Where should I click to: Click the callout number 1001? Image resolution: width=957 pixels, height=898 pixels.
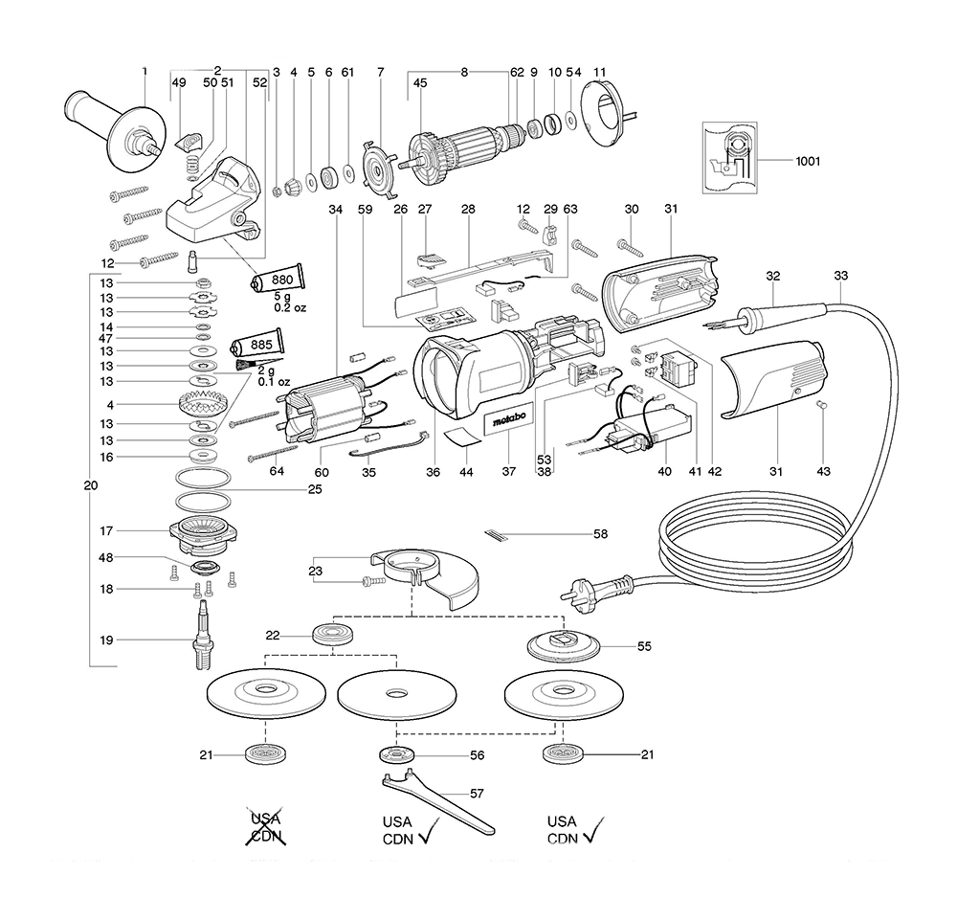coord(808,162)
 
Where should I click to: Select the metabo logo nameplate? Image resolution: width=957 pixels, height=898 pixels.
coord(506,424)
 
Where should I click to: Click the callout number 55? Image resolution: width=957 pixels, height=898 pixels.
coord(644,647)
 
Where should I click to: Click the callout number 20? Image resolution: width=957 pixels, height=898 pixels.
coord(90,486)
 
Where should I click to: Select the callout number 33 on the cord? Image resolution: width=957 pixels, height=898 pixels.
coord(840,276)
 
